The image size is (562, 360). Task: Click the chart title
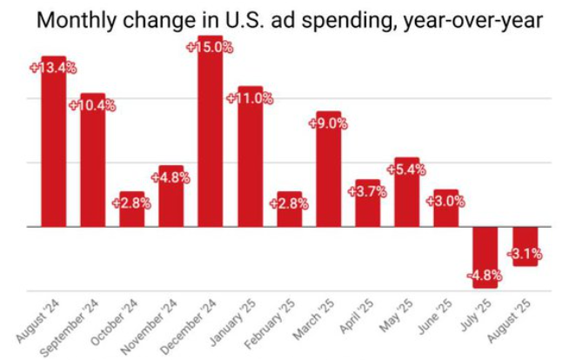pos(281,18)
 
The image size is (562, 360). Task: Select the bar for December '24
pos(211,139)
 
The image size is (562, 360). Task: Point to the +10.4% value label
pos(91,105)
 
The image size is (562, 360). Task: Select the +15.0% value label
pos(211,47)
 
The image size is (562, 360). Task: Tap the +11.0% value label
pos(250,97)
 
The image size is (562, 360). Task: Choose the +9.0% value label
pos(328,123)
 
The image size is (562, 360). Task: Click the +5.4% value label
pos(406,170)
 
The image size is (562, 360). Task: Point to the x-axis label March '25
pos(313,323)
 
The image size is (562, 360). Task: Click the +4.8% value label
pos(171,177)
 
